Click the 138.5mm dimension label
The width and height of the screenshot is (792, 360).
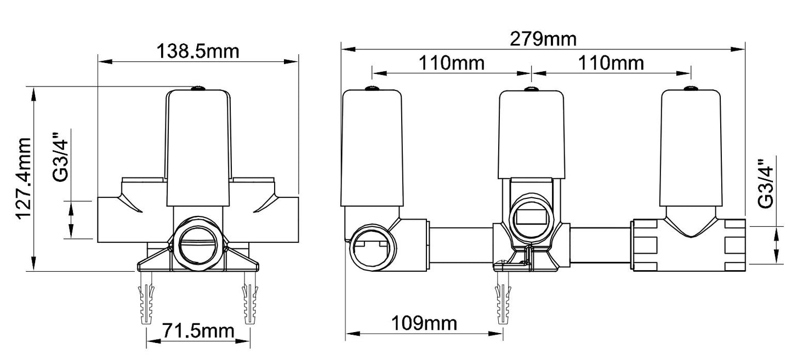(198, 52)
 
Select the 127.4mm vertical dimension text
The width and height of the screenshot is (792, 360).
(24, 178)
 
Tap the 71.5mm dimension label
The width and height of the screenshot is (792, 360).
(198, 331)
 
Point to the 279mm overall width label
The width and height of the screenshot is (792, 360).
(543, 39)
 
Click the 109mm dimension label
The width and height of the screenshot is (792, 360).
(424, 323)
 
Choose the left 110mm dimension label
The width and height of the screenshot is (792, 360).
(452, 63)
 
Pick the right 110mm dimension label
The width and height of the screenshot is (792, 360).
(611, 63)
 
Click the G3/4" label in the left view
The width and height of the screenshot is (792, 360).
(60, 157)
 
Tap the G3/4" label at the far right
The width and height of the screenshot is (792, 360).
(766, 184)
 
